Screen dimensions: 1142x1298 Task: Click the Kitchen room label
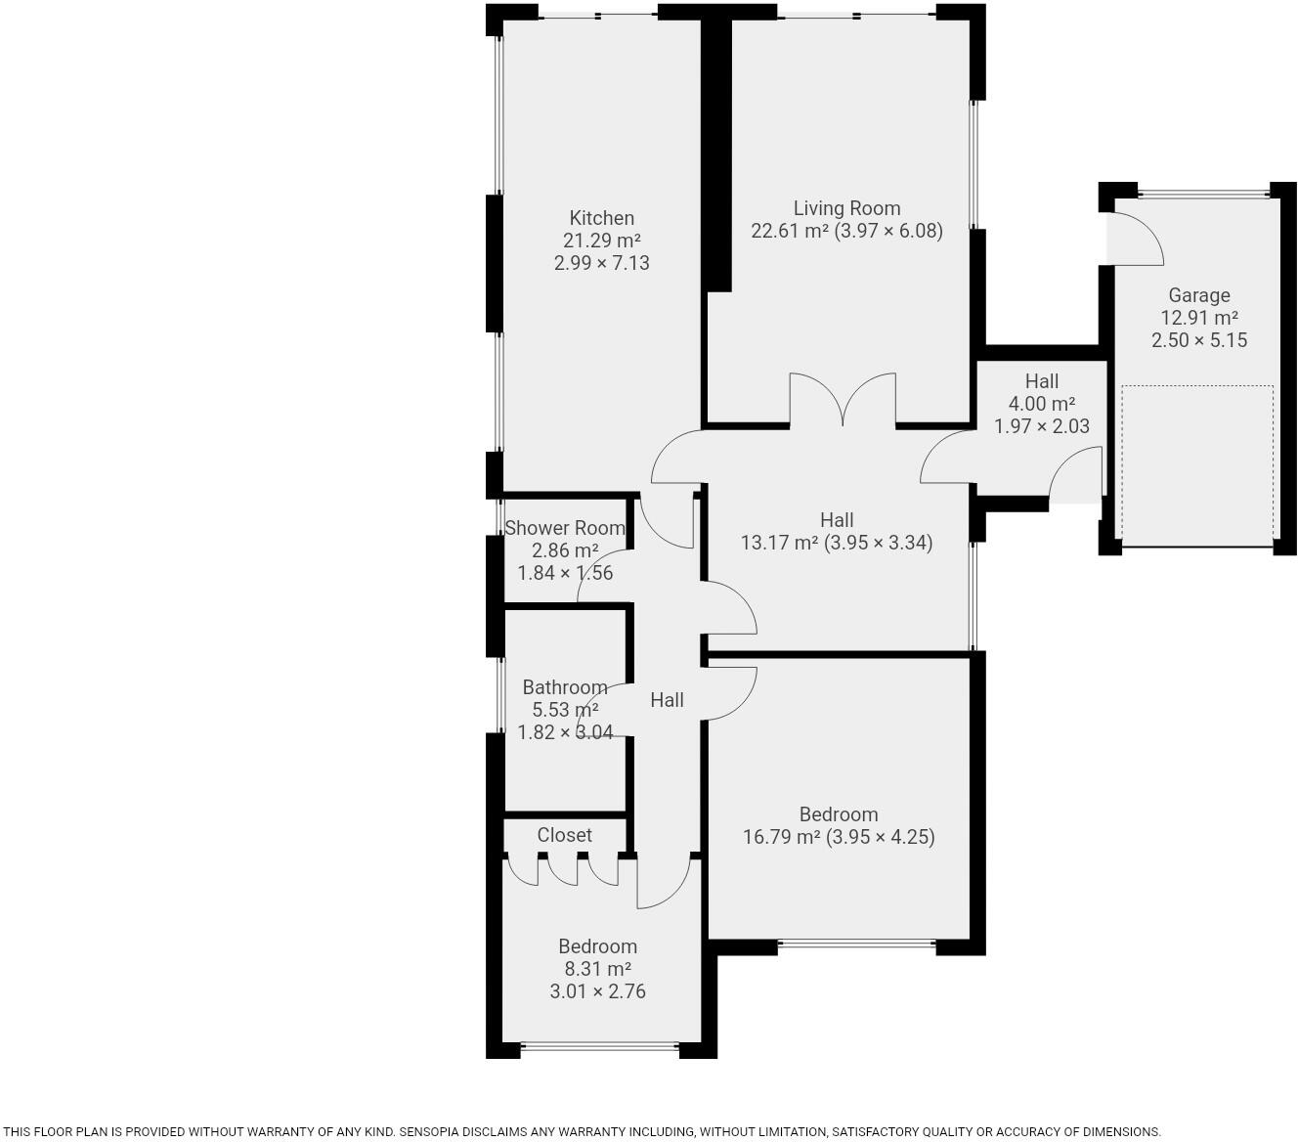point(601,218)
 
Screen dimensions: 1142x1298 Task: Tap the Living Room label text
point(846,208)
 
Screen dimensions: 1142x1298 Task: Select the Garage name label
point(1198,295)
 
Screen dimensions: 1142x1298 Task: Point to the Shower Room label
point(565,528)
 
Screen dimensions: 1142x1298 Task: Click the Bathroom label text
point(564,687)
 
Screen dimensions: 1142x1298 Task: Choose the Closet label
point(564,835)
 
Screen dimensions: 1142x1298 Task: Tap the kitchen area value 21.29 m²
point(601,241)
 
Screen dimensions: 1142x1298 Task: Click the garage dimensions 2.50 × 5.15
point(1198,340)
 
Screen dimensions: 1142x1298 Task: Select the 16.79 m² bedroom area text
point(782,837)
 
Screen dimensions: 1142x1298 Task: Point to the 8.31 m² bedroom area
point(597,969)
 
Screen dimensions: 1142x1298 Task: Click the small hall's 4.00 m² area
point(1041,404)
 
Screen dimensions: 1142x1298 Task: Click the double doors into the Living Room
point(843,401)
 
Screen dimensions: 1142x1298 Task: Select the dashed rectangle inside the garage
point(1197,464)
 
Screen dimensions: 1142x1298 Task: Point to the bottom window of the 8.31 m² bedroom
point(599,1048)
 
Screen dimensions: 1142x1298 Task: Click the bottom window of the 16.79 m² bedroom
point(856,944)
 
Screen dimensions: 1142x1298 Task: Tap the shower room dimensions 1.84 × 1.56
point(565,573)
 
